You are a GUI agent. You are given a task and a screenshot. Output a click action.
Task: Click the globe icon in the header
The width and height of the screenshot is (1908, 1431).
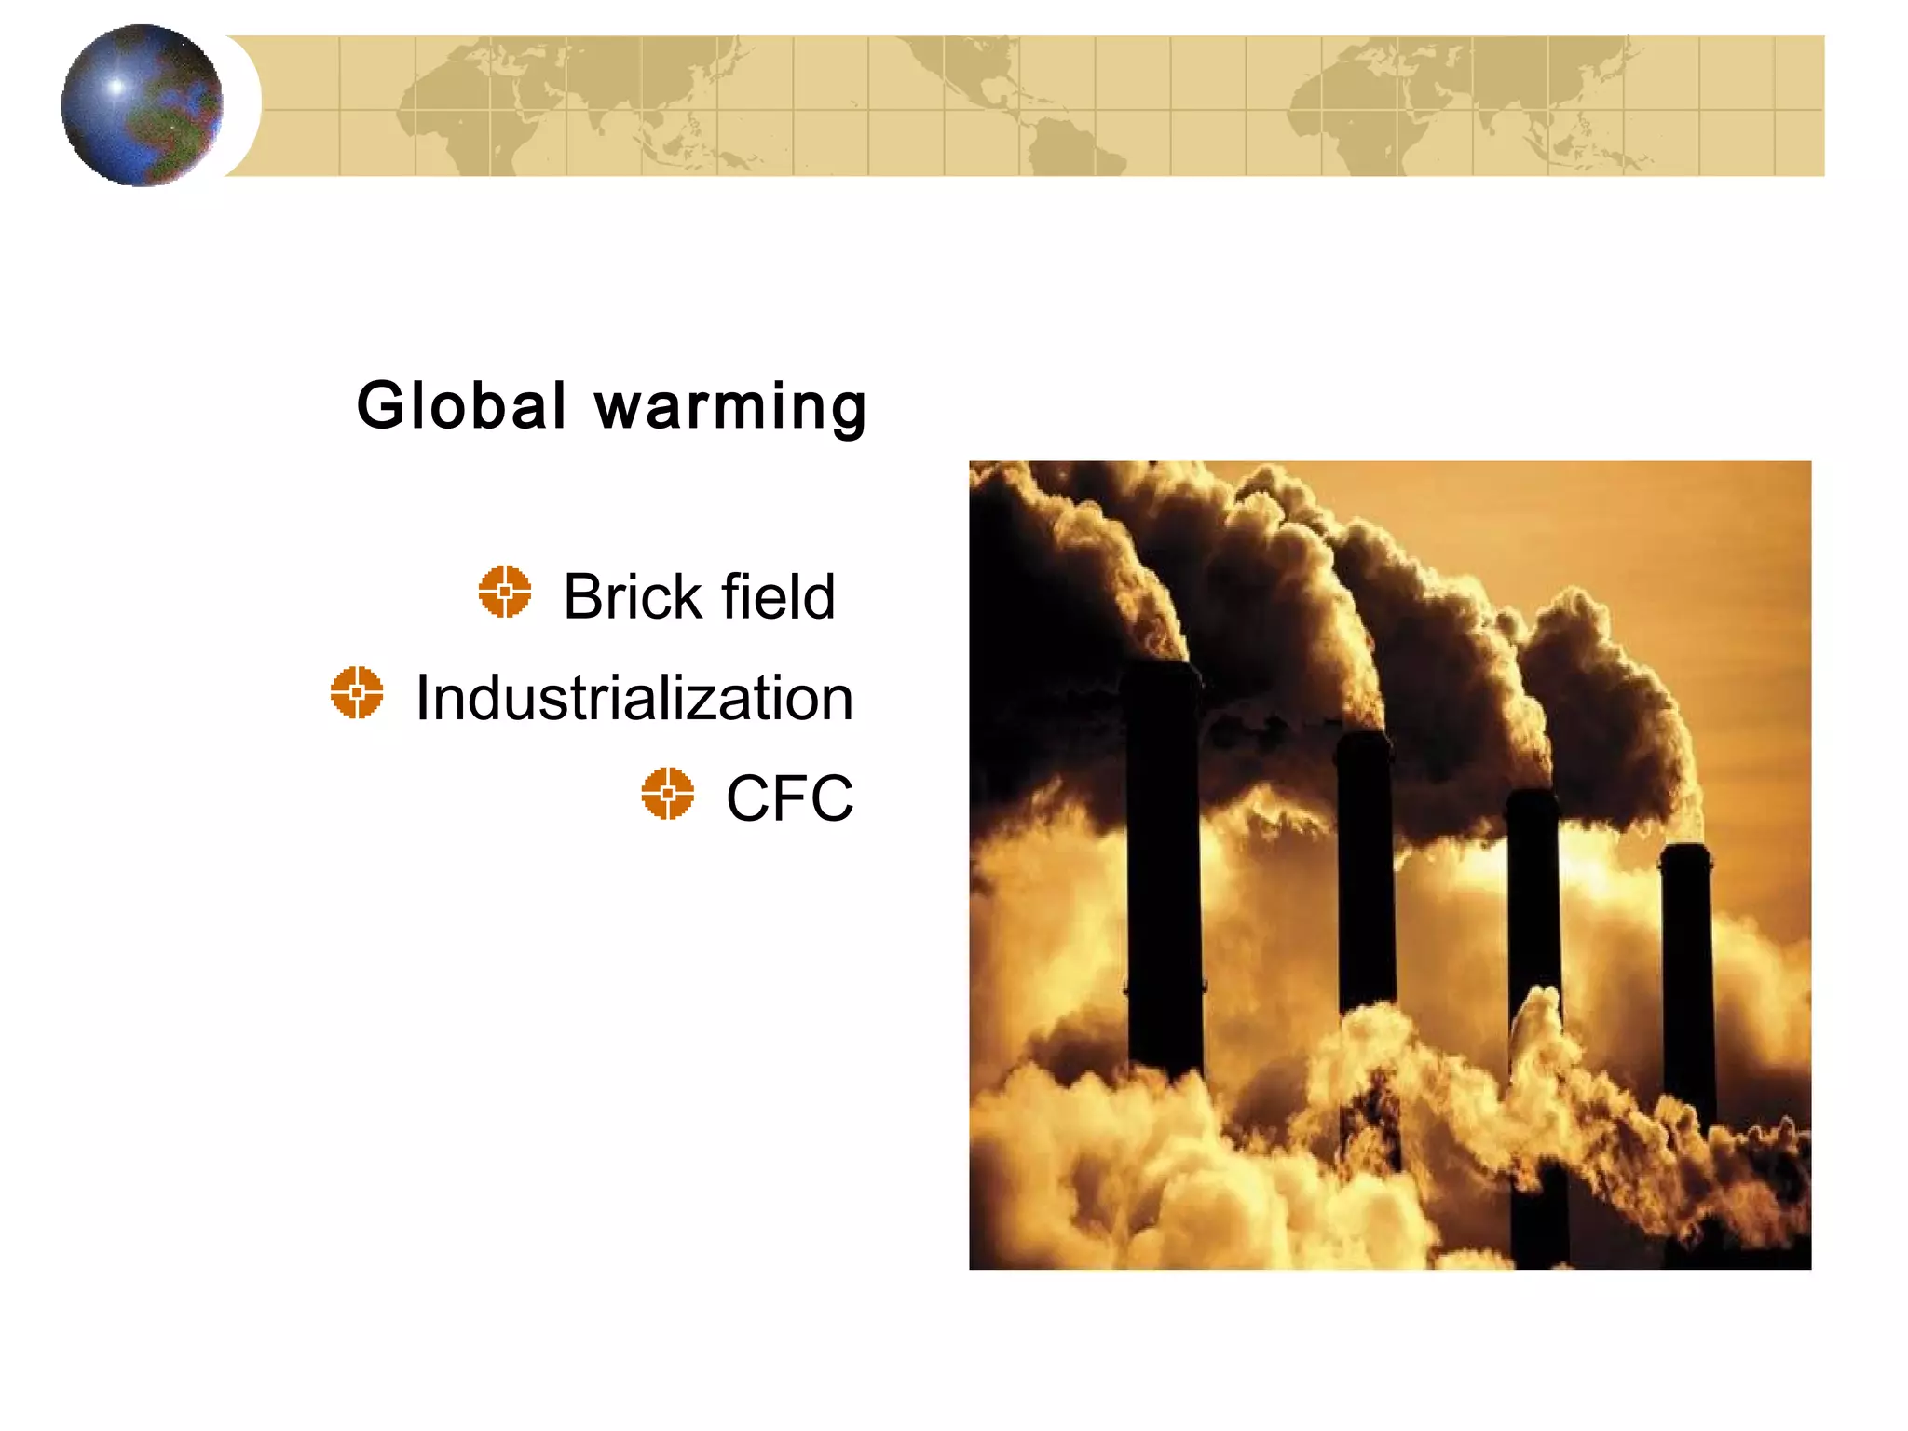coord(142,105)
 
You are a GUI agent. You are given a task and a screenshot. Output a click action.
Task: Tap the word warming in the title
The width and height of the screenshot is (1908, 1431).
coord(731,408)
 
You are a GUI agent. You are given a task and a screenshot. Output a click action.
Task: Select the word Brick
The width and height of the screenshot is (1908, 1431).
coord(632,596)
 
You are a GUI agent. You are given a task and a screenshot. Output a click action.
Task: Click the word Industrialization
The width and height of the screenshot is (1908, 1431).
coord(634,698)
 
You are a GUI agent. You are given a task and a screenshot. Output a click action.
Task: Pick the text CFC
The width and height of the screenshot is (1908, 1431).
coord(789,798)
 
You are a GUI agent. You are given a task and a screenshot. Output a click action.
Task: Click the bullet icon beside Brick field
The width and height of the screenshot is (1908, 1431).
coord(505,591)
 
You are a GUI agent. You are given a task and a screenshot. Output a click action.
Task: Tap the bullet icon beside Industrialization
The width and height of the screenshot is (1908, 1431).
coord(357,692)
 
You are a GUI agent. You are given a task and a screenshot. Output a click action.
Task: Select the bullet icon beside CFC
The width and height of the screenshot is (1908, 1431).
coord(668,794)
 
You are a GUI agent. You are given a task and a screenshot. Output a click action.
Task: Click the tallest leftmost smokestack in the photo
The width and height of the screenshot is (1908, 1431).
coord(1164,866)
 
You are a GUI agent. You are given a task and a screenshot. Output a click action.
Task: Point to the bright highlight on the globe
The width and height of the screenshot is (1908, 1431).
coord(116,87)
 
